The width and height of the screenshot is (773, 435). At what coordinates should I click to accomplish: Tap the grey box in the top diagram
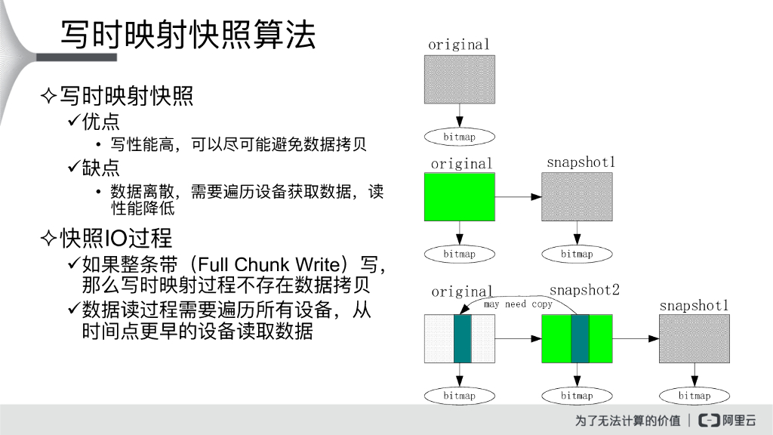(459, 79)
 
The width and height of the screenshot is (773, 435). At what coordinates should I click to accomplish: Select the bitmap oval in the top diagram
(459, 137)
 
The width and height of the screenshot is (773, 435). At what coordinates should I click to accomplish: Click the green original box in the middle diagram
(459, 196)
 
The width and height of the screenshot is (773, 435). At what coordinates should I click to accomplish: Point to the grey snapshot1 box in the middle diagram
(577, 196)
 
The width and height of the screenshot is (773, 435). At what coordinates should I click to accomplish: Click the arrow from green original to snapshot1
(518, 197)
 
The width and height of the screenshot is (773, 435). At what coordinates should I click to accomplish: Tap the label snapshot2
(584, 290)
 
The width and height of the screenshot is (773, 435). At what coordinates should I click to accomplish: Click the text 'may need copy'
(518, 304)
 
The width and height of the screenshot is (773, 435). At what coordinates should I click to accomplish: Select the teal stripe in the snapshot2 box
(580, 338)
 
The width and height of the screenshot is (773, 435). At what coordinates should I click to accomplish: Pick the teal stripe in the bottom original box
(462, 338)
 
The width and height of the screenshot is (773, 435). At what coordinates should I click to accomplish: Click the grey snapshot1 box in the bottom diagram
(694, 338)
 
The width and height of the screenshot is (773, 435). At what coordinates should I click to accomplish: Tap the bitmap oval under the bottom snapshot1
(694, 396)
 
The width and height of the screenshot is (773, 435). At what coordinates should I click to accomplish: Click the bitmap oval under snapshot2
(577, 396)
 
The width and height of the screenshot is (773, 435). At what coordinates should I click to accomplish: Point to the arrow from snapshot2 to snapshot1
(636, 339)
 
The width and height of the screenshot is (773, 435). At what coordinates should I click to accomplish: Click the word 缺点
(100, 167)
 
